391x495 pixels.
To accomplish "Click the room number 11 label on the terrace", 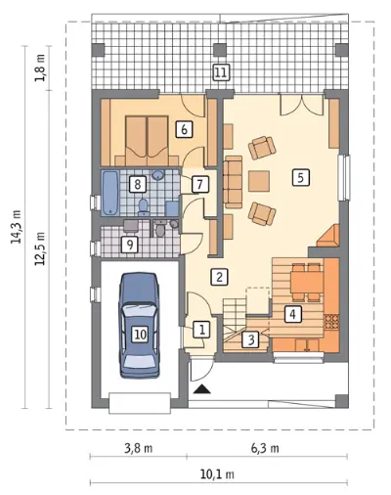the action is tap(221, 72).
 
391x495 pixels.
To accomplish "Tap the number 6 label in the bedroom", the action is tap(184, 129).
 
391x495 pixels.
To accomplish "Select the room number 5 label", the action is tap(301, 177).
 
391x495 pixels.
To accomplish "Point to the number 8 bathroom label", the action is tap(137, 184).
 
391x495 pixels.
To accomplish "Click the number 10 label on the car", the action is tap(140, 335).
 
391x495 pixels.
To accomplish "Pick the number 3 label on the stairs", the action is tap(251, 339).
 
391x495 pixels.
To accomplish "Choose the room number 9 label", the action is tap(130, 245).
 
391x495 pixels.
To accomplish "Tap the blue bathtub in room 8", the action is tap(110, 193).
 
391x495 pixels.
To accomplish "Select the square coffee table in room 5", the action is tap(259, 181).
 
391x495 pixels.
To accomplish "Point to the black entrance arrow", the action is tap(202, 389).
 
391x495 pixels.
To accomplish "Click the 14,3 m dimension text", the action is tap(16, 227).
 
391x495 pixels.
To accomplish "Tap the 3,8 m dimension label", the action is tap(139, 448).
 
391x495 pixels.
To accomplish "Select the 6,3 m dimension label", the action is tap(265, 448).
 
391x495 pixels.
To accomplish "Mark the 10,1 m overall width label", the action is tap(217, 474).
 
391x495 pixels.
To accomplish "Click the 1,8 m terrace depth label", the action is tap(40, 67).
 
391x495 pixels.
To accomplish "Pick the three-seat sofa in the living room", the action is tap(233, 182).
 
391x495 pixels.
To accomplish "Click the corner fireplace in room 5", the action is tap(328, 236).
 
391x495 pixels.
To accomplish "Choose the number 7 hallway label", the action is tap(199, 184).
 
